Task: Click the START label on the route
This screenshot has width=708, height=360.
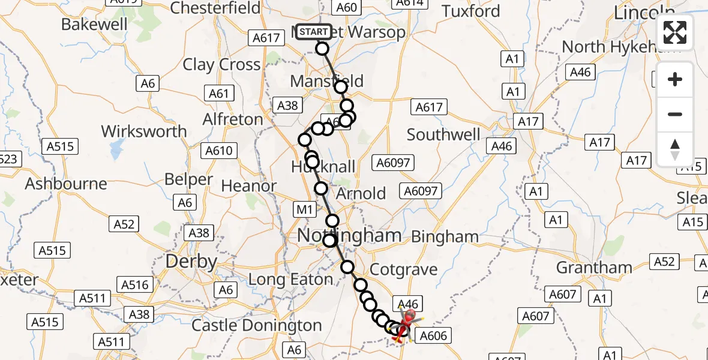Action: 314,32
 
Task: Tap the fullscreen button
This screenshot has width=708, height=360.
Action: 675,32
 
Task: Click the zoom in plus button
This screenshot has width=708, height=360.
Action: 675,79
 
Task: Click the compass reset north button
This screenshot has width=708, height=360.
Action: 675,149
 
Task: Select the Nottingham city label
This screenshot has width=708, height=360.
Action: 350,235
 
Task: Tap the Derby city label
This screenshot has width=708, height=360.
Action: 191,262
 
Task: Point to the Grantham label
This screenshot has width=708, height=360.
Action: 594,267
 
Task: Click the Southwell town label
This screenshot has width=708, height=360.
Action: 443,134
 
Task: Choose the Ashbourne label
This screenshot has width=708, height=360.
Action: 66,184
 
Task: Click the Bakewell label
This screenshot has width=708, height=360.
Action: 95,24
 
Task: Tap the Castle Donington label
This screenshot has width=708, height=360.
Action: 257,325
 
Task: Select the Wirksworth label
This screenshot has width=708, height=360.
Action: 144,131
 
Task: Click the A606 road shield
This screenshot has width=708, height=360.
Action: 433,335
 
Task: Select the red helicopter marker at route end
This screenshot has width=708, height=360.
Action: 409,318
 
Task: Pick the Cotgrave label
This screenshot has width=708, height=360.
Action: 404,269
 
